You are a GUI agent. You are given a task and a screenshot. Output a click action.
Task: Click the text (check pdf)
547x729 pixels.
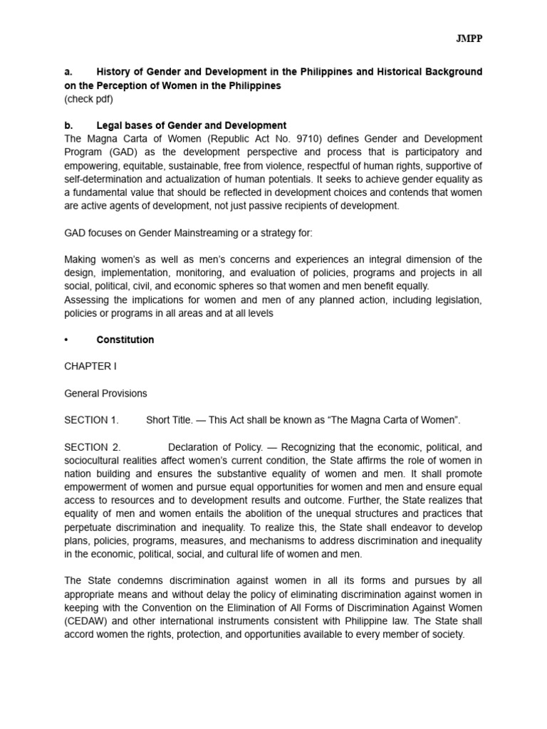pyautogui.click(x=88, y=99)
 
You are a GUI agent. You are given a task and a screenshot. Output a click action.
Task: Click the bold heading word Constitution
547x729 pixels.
pyautogui.click(x=125, y=340)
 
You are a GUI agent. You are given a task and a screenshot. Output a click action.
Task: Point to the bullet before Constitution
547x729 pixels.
pyautogui.click(x=66, y=340)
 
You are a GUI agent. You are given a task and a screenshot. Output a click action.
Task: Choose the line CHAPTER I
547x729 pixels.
pyautogui.click(x=90, y=367)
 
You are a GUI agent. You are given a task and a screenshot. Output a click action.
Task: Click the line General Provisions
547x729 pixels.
pyautogui.click(x=106, y=393)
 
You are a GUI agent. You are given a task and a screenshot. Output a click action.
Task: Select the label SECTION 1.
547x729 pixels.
pyautogui.click(x=91, y=420)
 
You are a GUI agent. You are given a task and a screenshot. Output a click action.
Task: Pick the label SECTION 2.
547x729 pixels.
pyautogui.click(x=93, y=447)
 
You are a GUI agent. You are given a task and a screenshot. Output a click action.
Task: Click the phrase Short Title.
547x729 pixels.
pyautogui.click(x=169, y=420)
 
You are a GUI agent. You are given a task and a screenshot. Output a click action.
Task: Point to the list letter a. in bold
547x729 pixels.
pyautogui.click(x=68, y=72)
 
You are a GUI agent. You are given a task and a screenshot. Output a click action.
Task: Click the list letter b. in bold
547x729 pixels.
pyautogui.click(x=68, y=126)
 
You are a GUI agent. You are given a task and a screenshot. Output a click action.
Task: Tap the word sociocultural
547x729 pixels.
pyautogui.click(x=93, y=461)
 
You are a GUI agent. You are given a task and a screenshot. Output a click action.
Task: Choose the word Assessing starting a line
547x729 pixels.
pyautogui.click(x=87, y=300)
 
